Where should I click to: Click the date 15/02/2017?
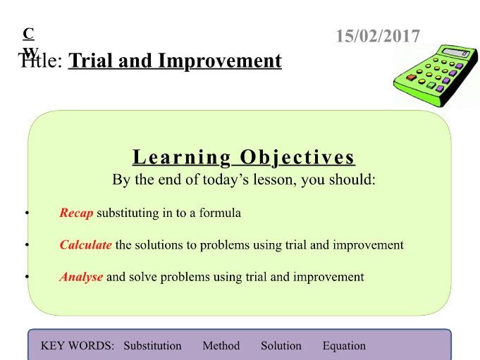point(378,36)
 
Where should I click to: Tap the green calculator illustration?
point(436,76)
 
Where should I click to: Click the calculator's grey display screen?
point(456,52)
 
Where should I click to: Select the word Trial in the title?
point(91,61)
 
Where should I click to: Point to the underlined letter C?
point(28,34)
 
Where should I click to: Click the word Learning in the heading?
point(182,158)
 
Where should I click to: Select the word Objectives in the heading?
point(297,158)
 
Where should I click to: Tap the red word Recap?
point(76,213)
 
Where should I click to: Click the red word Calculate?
point(85,244)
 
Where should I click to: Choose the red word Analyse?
point(81,277)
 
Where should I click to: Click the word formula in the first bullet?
point(220,213)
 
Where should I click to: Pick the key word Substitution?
point(152,346)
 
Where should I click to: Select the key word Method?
point(221,346)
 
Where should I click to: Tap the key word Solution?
point(281,346)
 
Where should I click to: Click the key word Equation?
point(344,346)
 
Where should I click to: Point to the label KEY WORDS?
point(78,346)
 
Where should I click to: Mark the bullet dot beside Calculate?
point(27,244)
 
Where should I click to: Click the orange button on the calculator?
point(411,77)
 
